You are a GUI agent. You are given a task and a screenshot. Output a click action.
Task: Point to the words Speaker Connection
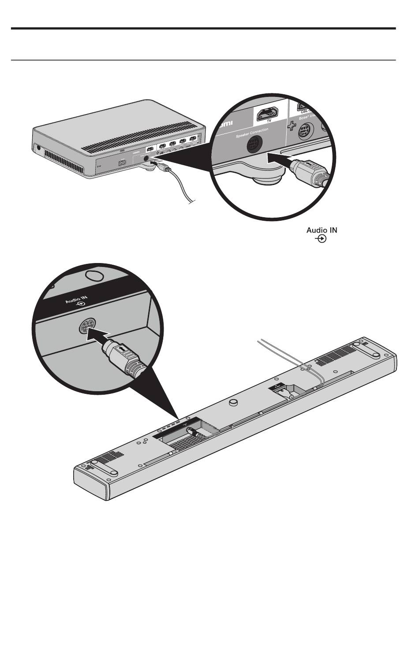[x=249, y=133]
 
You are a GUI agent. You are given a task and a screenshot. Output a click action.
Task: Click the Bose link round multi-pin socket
[x=304, y=132]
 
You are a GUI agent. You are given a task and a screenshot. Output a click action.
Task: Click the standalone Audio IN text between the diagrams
[x=322, y=230]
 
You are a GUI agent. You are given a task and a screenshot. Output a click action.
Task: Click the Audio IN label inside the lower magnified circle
[x=77, y=301]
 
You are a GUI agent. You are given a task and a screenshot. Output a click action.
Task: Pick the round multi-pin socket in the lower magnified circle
[x=86, y=327]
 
